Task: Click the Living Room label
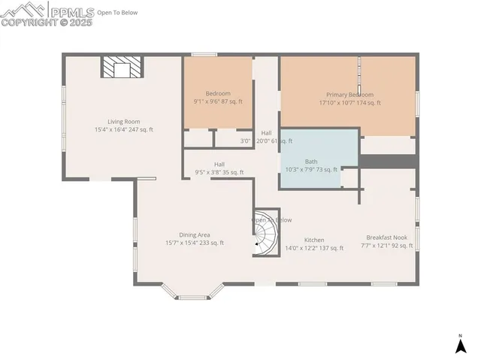click(123, 121)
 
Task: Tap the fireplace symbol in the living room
click(121, 68)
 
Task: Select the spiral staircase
click(265, 232)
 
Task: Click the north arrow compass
click(460, 344)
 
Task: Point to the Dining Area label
click(194, 234)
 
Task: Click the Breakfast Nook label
click(386, 236)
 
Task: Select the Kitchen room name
click(314, 240)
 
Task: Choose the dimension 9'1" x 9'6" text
click(218, 101)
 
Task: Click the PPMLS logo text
click(72, 11)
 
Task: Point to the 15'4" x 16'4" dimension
click(123, 129)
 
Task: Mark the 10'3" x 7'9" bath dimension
click(311, 170)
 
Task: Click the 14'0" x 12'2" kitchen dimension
click(314, 248)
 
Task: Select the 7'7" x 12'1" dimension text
click(386, 244)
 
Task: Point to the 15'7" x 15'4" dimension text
click(194, 243)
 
